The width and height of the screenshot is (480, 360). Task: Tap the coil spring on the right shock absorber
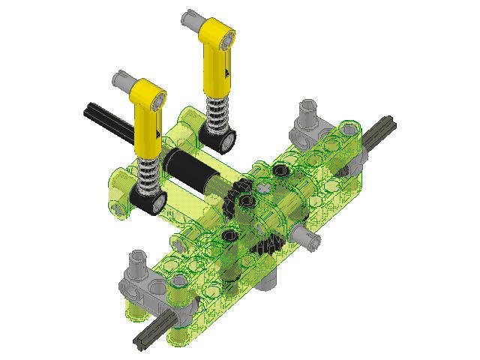click(x=217, y=115)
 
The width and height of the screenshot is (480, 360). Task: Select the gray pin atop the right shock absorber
click(x=190, y=16)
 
